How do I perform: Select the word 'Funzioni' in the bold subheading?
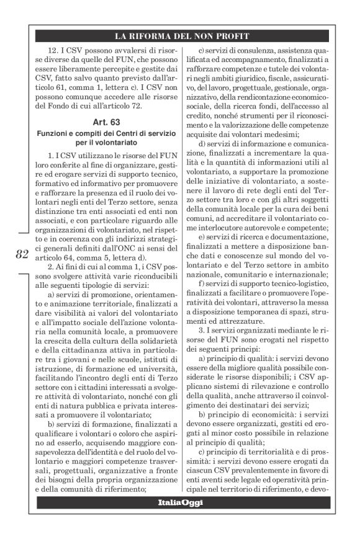click(x=54, y=135)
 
